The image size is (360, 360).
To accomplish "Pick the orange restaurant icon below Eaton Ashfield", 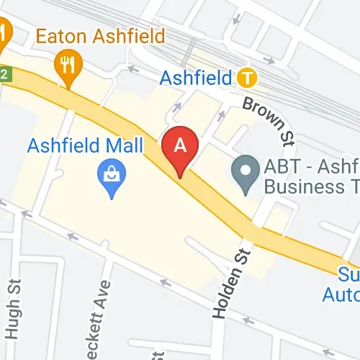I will coord(68,66).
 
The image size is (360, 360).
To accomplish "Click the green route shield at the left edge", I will coord(6,73).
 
